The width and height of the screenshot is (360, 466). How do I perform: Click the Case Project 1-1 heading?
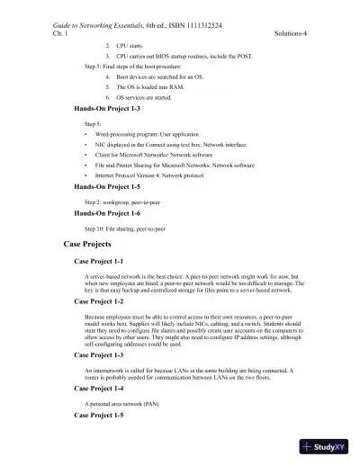(x=104, y=260)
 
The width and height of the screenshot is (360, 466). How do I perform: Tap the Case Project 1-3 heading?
(x=104, y=354)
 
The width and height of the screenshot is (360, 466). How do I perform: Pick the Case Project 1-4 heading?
(x=104, y=390)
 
